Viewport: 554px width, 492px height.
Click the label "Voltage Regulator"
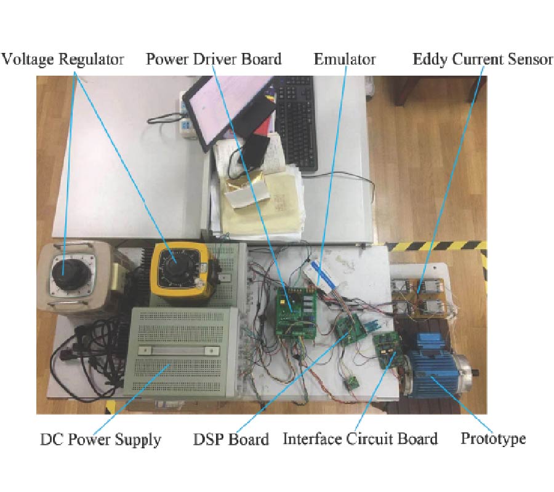tap(63, 59)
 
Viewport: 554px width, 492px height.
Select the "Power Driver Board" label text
tap(214, 59)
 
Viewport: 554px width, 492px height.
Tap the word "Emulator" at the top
tap(345, 59)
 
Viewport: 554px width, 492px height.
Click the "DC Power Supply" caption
tap(100, 440)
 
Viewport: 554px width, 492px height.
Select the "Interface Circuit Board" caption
tap(360, 439)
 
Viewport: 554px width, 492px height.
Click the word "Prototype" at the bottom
tap(493, 439)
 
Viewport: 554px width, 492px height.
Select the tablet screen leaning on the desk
tap(231, 108)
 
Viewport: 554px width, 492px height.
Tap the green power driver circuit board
tap(295, 310)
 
